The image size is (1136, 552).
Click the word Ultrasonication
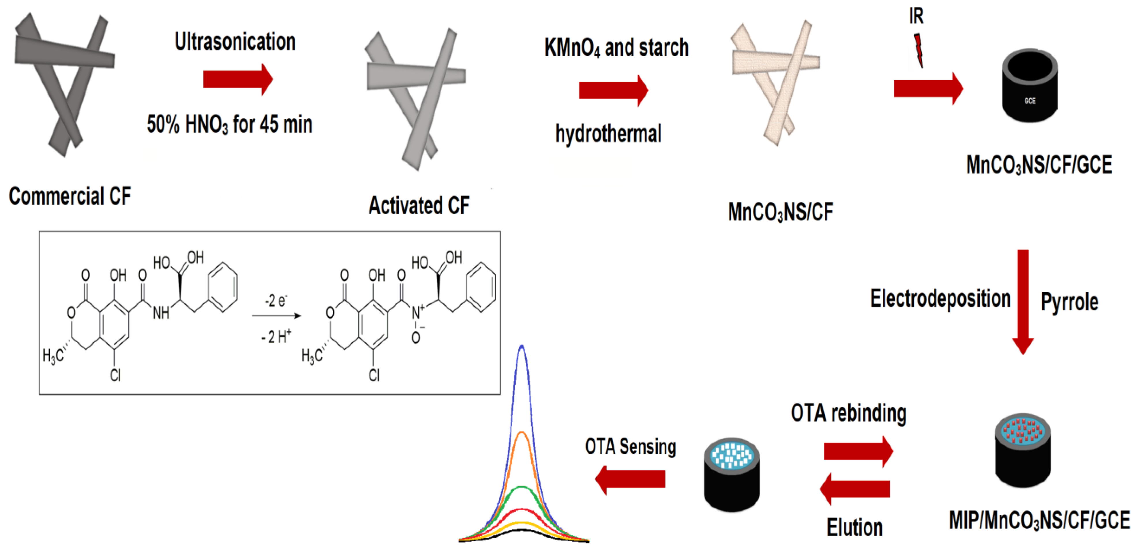click(235, 42)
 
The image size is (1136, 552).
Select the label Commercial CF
click(70, 196)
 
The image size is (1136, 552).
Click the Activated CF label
click(419, 205)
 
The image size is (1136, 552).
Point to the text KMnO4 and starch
click(616, 48)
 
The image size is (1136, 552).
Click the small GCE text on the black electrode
click(1030, 101)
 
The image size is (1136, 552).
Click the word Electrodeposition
click(940, 298)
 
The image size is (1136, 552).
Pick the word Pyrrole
click(1069, 302)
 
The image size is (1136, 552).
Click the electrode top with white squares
click(732, 455)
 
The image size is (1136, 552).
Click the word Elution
click(854, 527)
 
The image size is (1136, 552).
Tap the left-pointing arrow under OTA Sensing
click(630, 480)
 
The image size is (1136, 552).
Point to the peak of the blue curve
click(522, 347)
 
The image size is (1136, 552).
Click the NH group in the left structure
click(160, 313)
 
